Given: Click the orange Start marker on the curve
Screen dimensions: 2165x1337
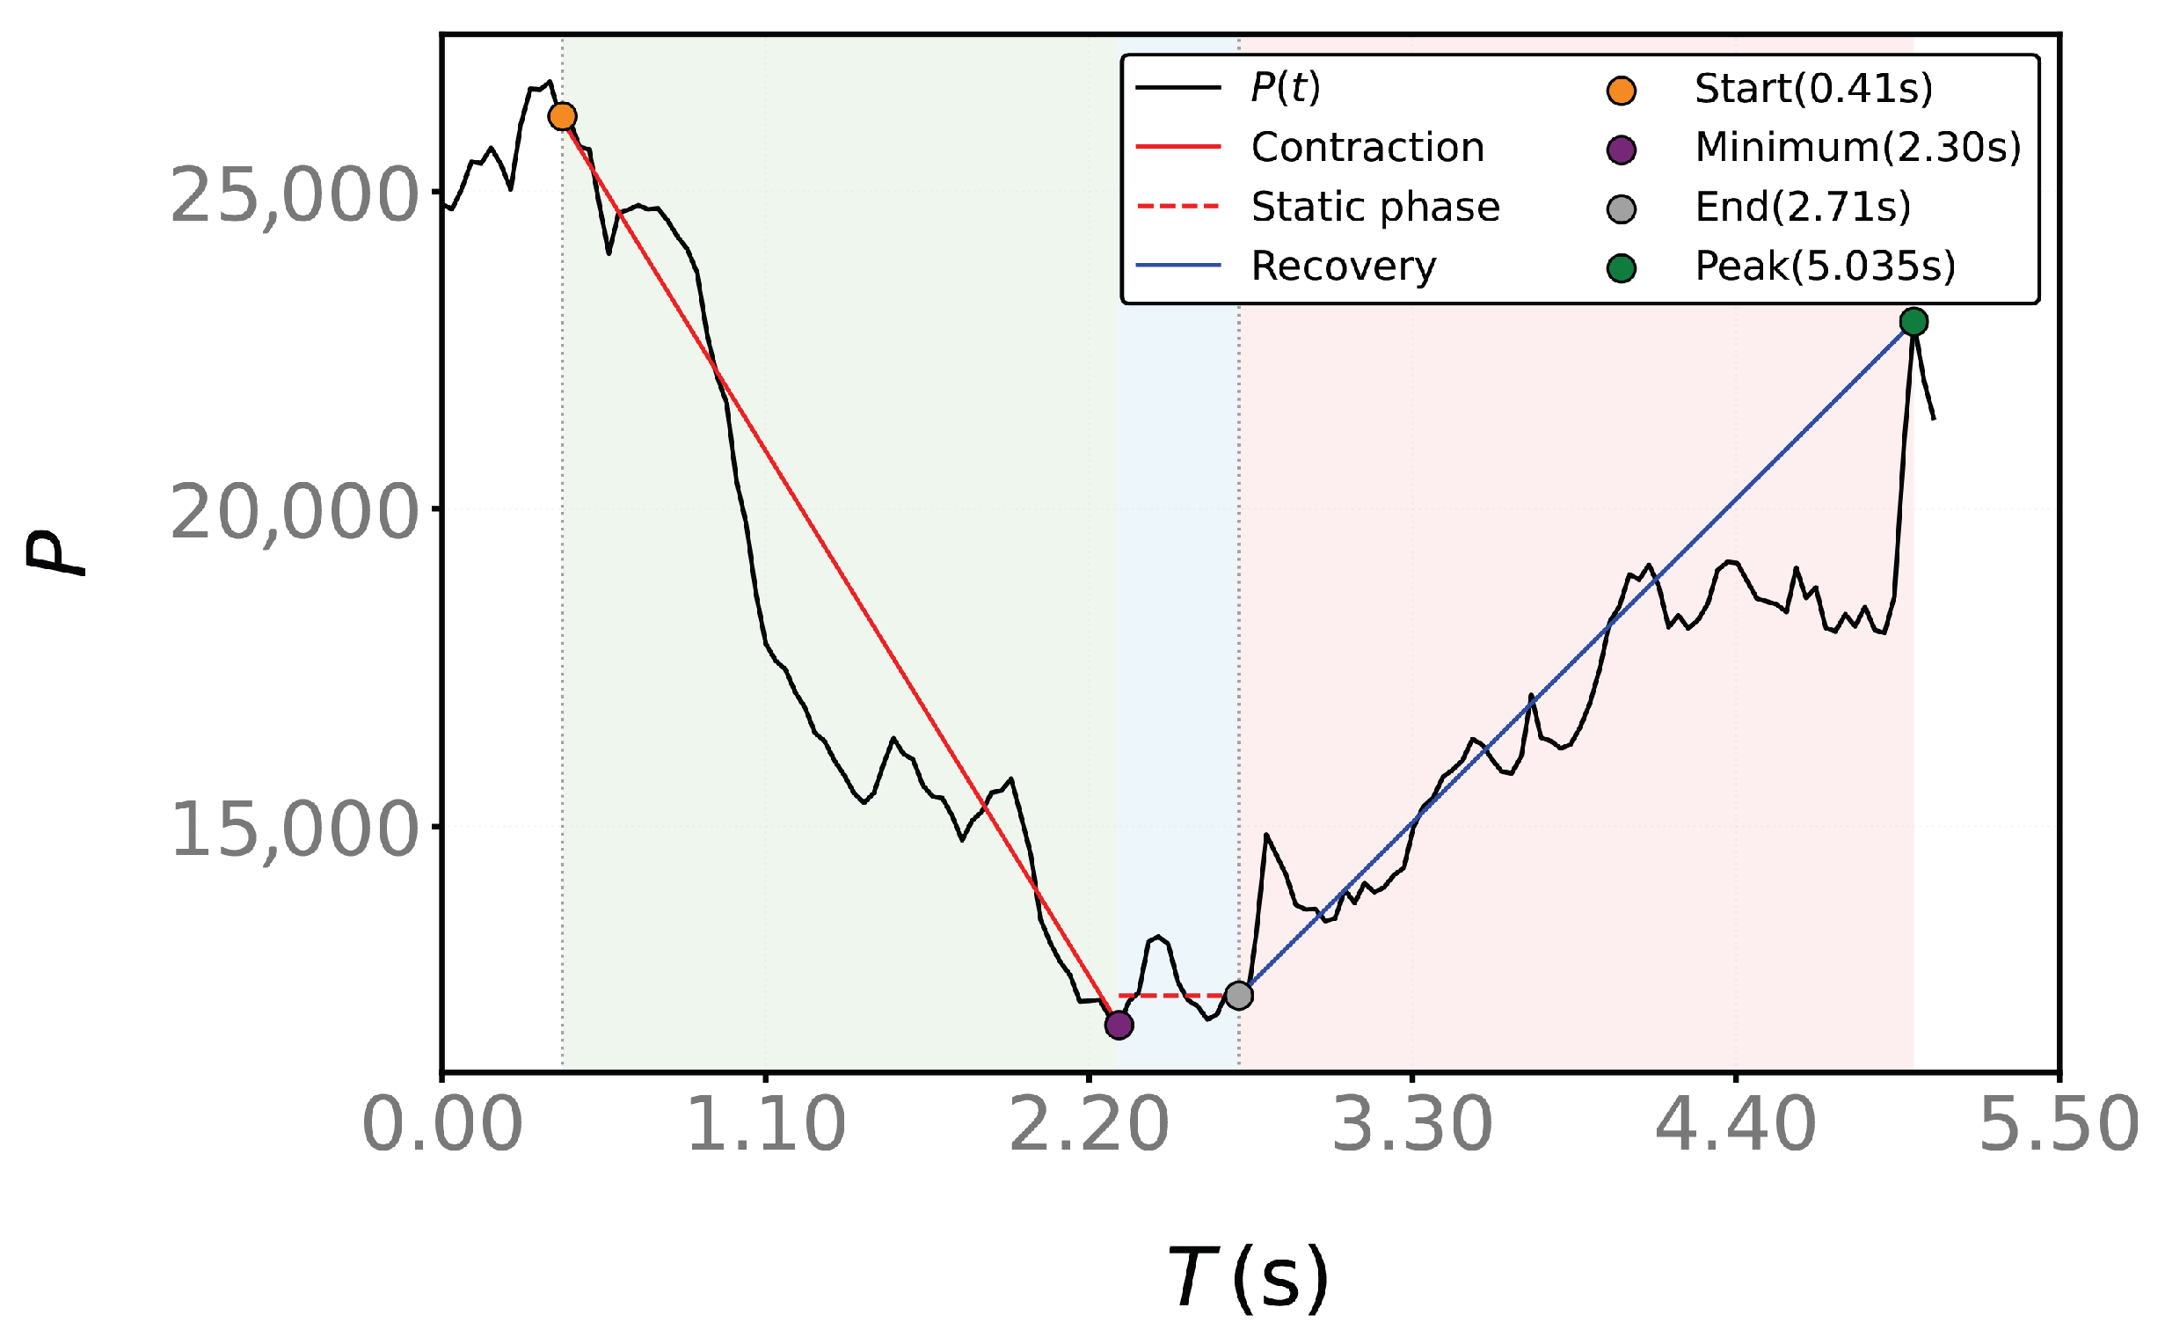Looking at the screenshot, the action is [562, 116].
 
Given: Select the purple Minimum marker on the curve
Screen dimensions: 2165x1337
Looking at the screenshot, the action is [1119, 1025].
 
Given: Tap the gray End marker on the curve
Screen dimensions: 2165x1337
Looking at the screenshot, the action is [1238, 996].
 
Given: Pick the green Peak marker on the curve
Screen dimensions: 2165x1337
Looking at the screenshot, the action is [1913, 322].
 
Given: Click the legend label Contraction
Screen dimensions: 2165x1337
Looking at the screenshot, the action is [1367, 147].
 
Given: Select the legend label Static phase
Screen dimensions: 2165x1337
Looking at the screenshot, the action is [1375, 207].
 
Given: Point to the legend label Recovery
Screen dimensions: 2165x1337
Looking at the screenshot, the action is [1344, 267].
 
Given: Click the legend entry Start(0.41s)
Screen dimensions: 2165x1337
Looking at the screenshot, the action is [1813, 89].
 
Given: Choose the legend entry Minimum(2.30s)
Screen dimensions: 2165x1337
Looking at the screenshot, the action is [1857, 148].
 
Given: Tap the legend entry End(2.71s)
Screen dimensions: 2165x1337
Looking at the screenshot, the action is [1803, 207].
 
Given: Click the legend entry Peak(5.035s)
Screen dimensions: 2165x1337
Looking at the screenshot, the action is [1825, 267].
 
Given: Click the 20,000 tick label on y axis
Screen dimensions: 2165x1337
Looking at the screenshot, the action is [293, 513].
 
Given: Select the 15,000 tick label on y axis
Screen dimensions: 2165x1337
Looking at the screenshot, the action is [293, 829].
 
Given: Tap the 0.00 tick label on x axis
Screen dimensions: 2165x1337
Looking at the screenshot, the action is [442, 1125].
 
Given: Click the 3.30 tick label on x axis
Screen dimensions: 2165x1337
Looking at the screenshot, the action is [1411, 1125].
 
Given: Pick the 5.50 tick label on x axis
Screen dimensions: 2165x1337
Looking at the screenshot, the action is [2059, 1125].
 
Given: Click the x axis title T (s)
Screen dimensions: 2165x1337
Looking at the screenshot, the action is [1247, 1276].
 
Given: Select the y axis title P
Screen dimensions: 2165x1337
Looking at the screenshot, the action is [55, 553].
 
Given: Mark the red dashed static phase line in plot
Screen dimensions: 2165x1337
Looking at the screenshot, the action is [1178, 996].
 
